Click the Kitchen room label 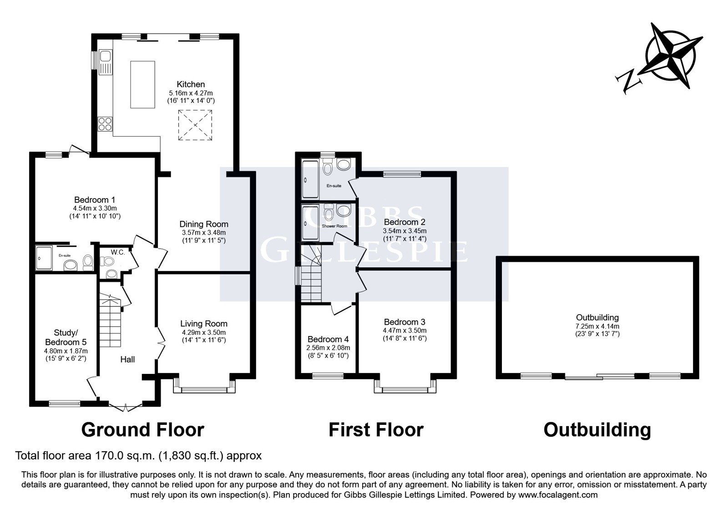click(191, 84)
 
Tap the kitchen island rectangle click(143, 85)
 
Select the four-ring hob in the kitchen click(105, 124)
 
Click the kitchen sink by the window click(105, 62)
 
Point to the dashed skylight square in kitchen click(195, 125)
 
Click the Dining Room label click(204, 224)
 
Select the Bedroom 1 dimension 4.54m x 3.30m click(95, 208)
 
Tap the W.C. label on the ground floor click(118, 252)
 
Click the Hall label click(127, 359)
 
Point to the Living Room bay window click(204, 386)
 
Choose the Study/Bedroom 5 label click(66, 337)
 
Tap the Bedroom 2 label click(404, 222)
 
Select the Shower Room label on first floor click(334, 226)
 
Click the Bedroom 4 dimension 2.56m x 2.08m click(328, 348)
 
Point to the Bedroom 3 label click(404, 322)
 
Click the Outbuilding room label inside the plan click(597, 317)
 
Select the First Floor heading click(376, 430)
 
